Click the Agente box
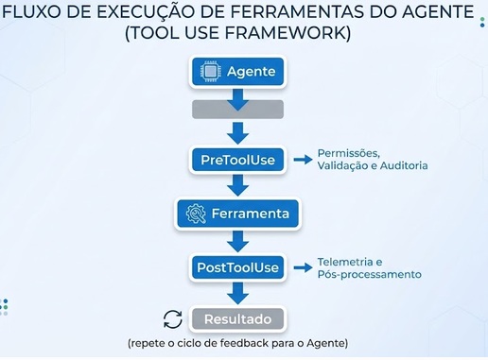coord(237,72)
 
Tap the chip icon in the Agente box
coord(210,72)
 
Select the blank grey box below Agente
coord(237,110)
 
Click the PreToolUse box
coord(237,160)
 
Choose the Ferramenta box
coord(237,214)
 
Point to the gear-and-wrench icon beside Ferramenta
coord(196,214)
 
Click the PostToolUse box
coord(237,267)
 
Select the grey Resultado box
coord(237,319)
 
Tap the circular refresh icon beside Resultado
coord(173,319)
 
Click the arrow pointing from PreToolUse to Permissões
coord(303,160)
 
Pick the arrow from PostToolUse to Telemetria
coord(303,267)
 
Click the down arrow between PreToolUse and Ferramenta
coord(238,185)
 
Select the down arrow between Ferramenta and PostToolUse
coord(238,241)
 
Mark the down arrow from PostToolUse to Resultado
coord(238,293)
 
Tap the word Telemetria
coord(345,262)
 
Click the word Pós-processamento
coord(370,274)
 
